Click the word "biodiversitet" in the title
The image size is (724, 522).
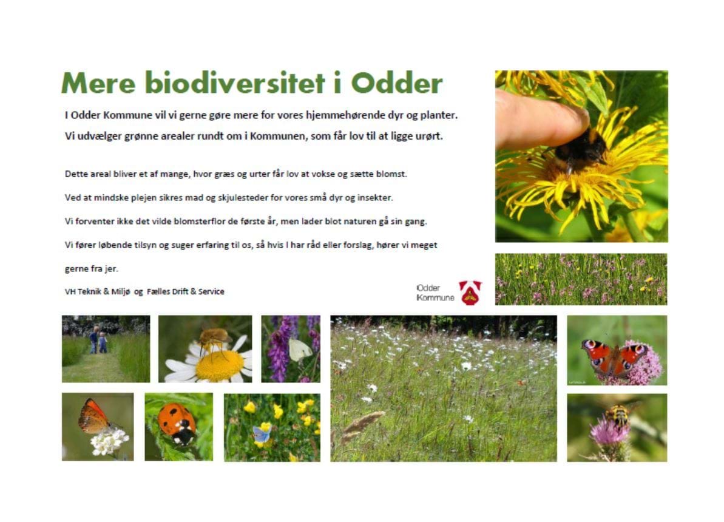click(x=235, y=83)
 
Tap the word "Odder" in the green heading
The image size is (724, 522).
click(x=397, y=83)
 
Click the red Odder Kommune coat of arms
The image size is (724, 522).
click(x=470, y=293)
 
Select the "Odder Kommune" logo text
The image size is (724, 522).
click(x=435, y=293)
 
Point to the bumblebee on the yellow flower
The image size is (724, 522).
click(x=578, y=149)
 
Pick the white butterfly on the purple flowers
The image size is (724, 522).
click(x=300, y=350)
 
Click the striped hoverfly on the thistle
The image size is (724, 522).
click(x=618, y=414)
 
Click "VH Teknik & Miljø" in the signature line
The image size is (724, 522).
click(x=98, y=291)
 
